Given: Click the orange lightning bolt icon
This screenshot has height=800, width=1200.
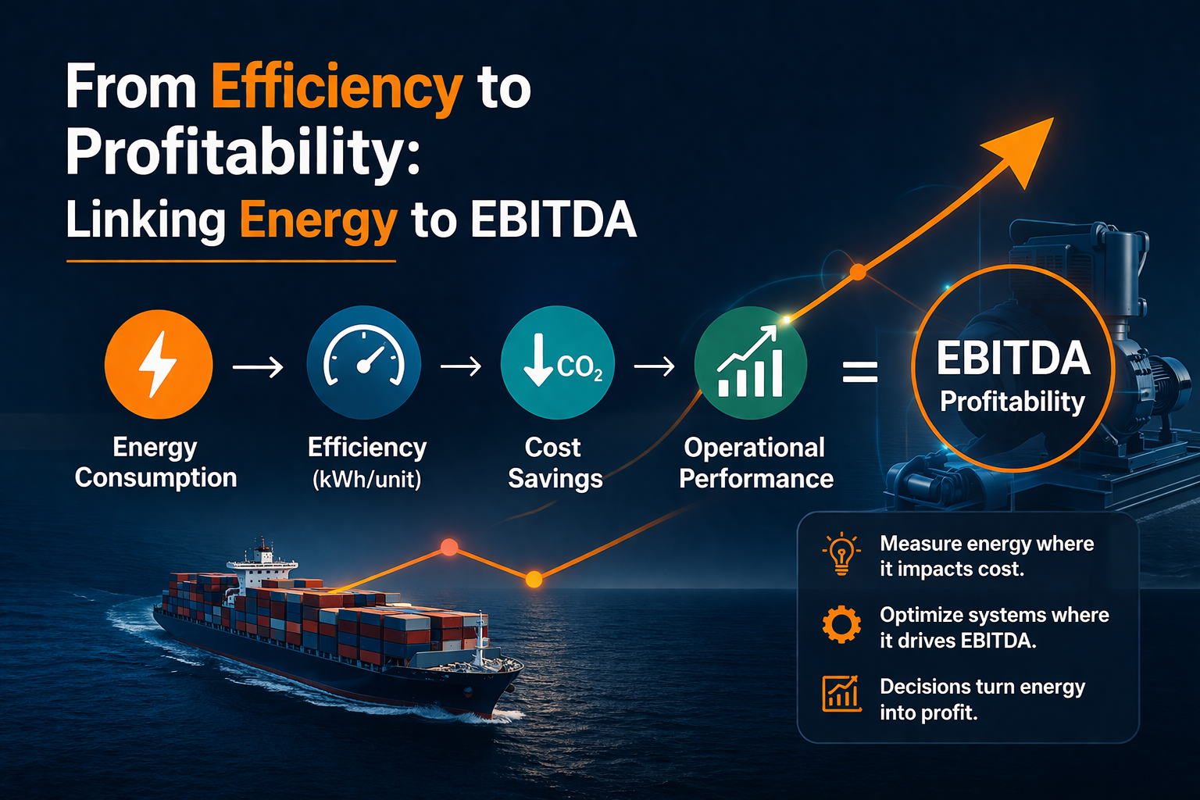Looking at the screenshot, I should point(159,364).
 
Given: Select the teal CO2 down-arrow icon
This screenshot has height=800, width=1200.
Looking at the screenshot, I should point(558,363).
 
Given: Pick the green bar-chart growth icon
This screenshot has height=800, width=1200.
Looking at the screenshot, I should point(750,363).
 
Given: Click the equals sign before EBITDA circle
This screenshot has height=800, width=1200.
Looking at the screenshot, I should point(860,371).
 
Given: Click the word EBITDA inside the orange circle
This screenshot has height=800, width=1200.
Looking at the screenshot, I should point(1012,359).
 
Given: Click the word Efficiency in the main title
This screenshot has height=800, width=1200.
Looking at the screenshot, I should point(337,87).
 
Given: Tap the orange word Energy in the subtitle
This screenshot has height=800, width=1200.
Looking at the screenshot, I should point(318,220).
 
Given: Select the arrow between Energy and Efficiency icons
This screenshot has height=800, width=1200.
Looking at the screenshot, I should point(258,366).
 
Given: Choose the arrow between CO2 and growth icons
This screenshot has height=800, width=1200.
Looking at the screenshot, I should point(654,366).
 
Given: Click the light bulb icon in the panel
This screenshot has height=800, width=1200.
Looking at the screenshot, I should point(841,555).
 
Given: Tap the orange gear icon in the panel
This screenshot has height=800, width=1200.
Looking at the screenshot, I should point(841,625).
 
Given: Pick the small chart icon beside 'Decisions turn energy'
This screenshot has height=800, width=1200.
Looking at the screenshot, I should point(841,694).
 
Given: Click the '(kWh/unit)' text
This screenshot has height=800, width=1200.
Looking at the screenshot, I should point(366,479).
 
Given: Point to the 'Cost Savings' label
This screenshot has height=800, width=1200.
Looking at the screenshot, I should point(555,462).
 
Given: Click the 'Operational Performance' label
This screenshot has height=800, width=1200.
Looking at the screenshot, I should point(755,462).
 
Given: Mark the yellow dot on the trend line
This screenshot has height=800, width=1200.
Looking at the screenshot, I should point(534,579).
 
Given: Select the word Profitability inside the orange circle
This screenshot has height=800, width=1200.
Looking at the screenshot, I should point(1012,402).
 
